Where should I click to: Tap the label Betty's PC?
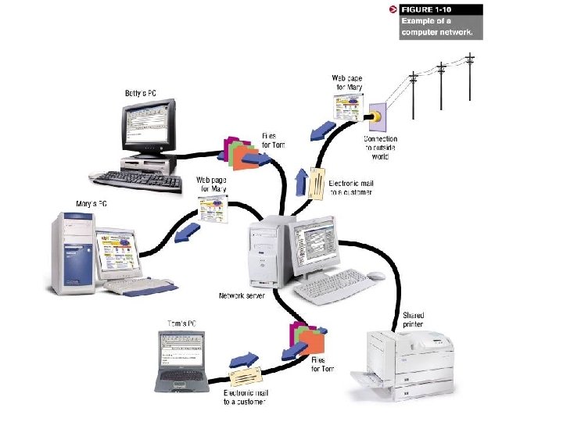pos(141,93)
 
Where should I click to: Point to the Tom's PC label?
pos(182,323)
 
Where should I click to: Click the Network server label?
pos(242,296)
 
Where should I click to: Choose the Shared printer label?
pos(414,320)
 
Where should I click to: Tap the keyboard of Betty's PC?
pos(136,180)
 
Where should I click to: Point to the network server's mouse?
pos(377,276)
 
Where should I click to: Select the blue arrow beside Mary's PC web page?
pos(186,234)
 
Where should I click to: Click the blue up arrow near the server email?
pos(303,184)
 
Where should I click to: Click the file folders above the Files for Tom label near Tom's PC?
pos(307,339)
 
